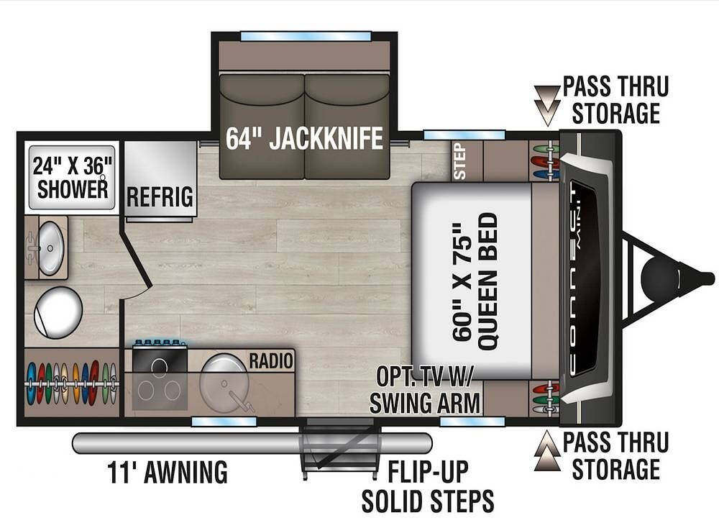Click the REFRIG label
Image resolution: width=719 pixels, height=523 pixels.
160,197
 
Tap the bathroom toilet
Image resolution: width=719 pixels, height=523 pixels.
58,313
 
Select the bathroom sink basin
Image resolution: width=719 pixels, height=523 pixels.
50,248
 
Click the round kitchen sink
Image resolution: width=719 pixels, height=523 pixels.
224,383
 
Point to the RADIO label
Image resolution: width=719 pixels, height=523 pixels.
270,360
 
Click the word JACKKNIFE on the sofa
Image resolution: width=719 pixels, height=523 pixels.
326,138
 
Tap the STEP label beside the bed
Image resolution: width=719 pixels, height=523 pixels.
459,161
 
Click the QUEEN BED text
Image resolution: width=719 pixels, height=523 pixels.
488,282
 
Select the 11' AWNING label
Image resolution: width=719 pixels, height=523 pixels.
168,472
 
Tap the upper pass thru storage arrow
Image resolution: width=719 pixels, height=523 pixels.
547,105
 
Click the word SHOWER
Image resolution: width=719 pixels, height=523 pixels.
73,189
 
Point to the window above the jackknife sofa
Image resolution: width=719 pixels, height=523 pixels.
306,36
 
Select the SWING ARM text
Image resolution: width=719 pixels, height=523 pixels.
425,404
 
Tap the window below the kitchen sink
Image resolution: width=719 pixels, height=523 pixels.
224,421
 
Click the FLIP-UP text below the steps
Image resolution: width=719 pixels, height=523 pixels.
429,472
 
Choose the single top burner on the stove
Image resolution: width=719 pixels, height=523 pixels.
159,367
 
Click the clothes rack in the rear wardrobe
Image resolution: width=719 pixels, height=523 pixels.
71,383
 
